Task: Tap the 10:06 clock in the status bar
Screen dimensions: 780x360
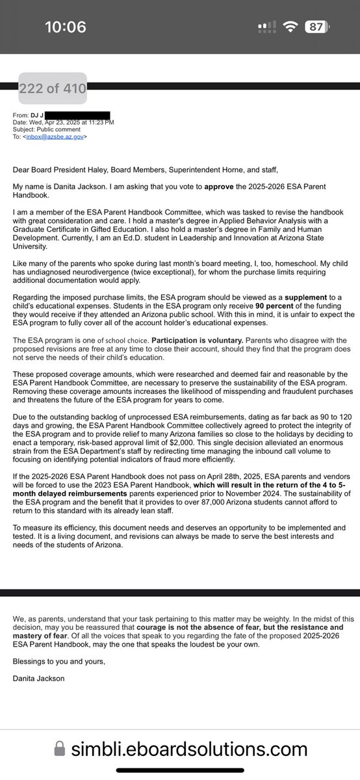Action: pos(66,27)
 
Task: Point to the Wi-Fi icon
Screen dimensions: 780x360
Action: pos(292,27)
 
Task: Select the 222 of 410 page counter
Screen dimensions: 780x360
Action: pos(53,88)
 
